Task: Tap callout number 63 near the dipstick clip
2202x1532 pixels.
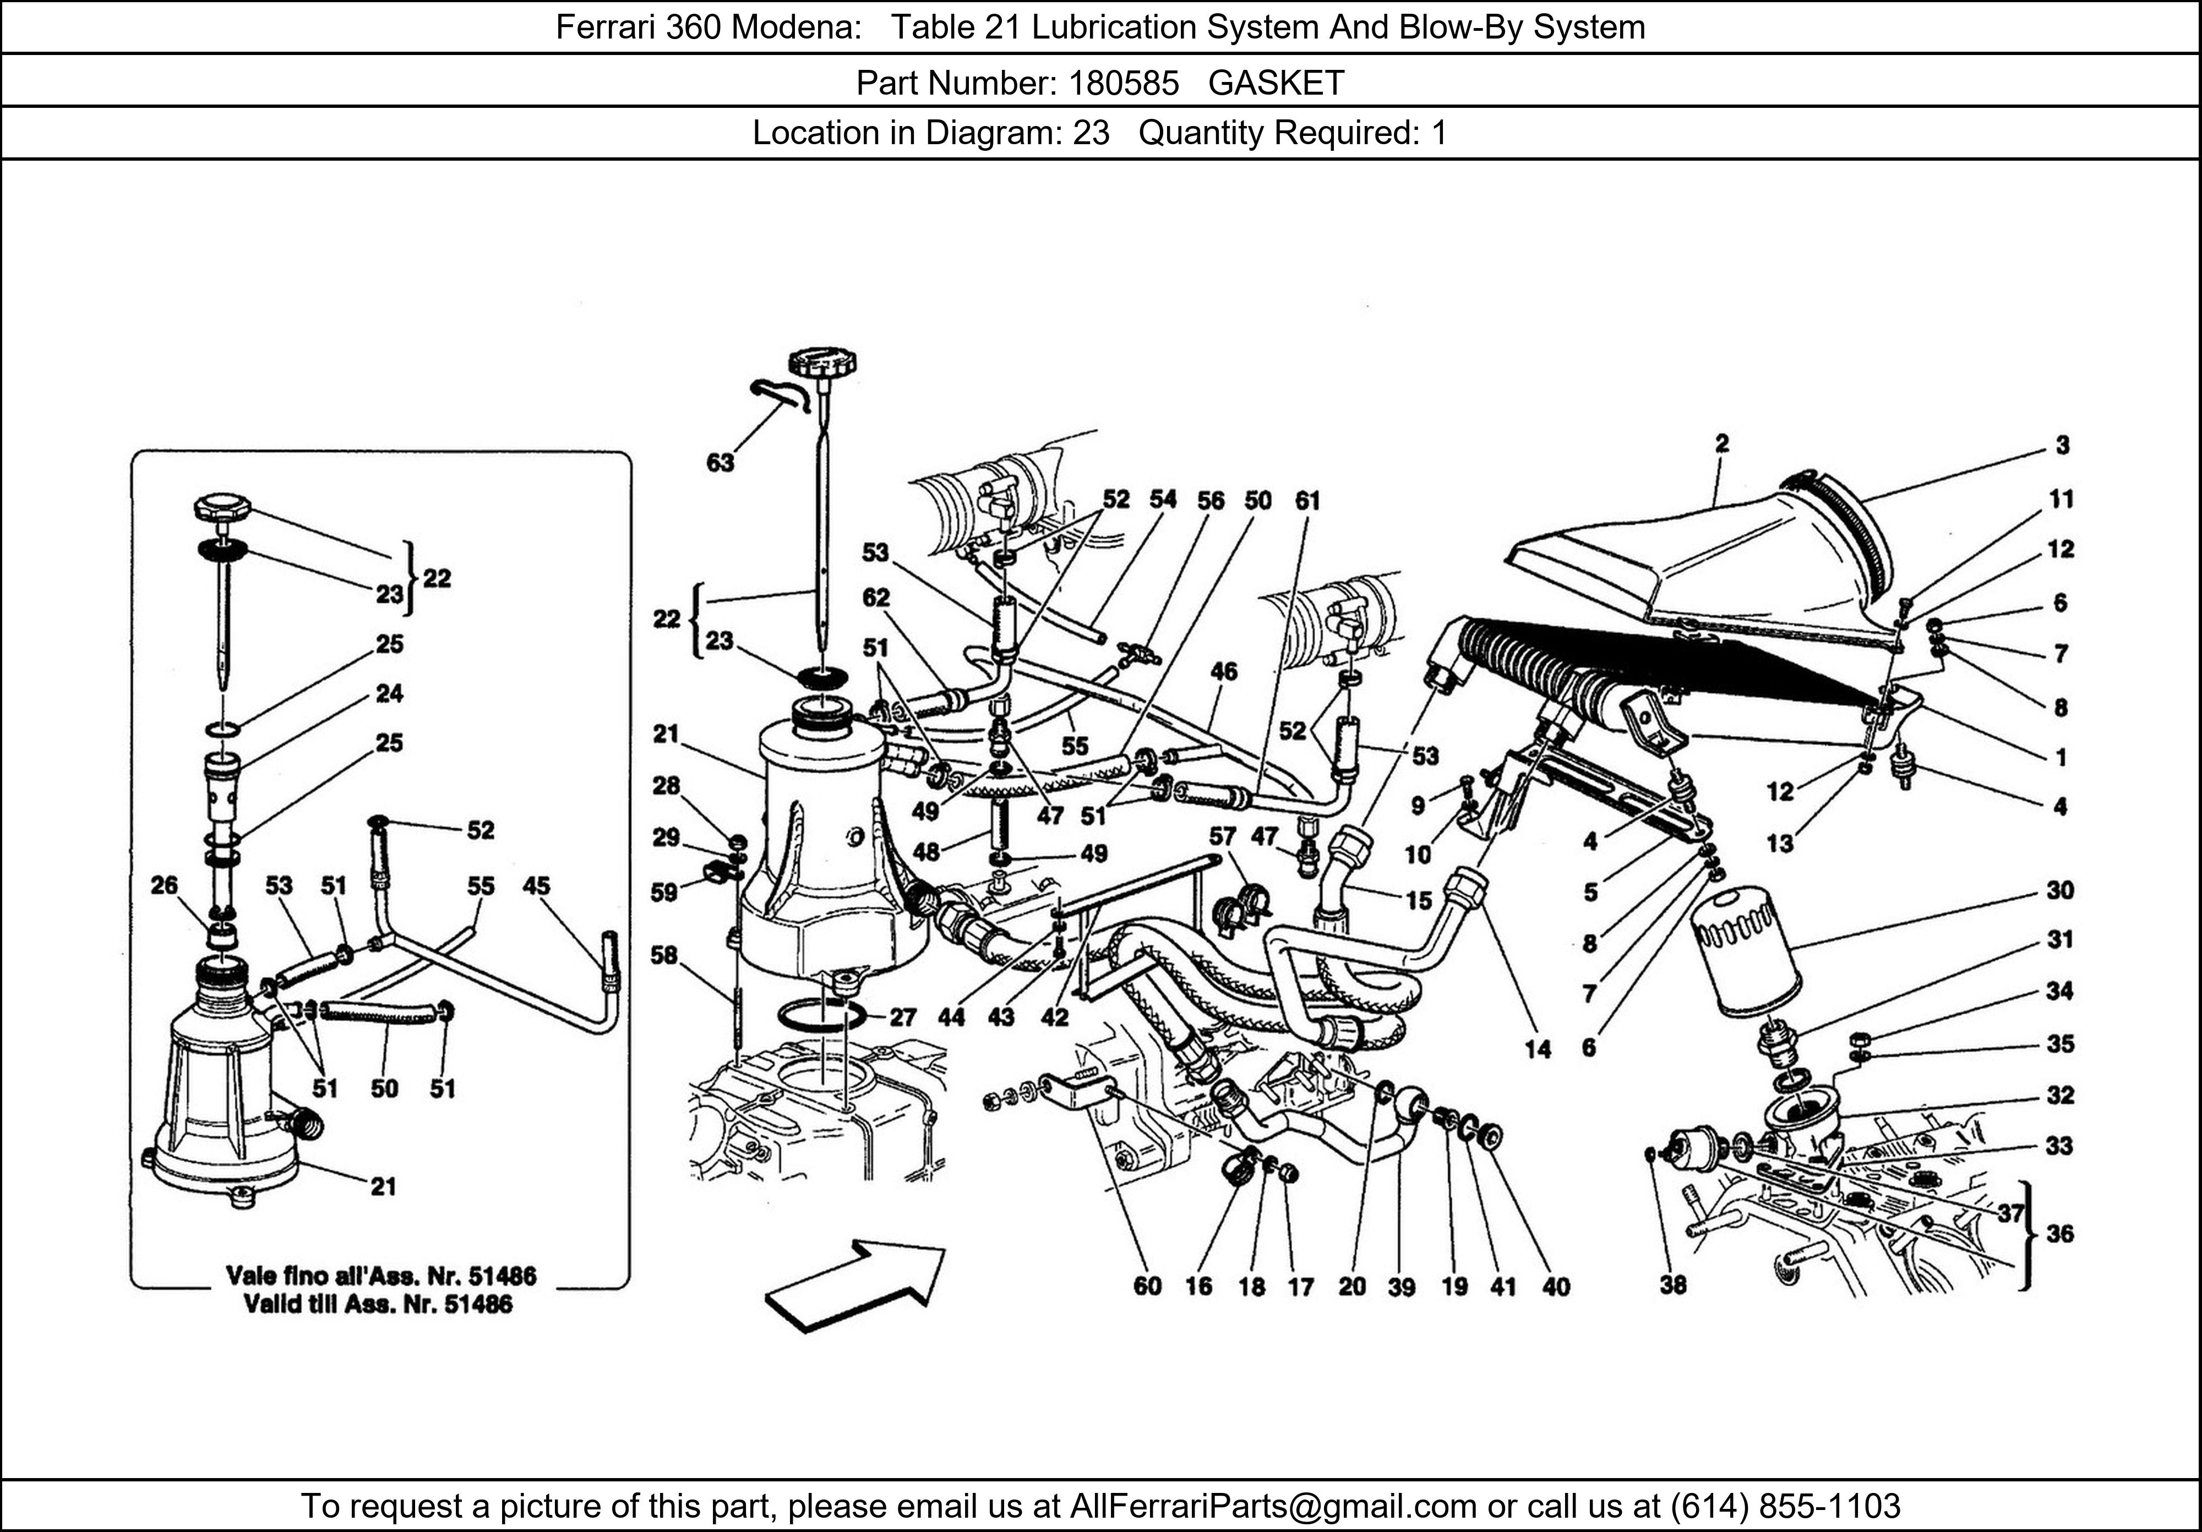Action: coord(720,463)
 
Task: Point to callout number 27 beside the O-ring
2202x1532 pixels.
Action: coord(902,1016)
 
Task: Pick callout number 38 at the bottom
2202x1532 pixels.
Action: coord(1672,1285)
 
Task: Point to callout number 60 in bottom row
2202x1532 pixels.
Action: coord(1147,1285)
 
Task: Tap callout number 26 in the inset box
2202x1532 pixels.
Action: coord(164,885)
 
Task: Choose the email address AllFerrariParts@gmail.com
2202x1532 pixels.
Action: coord(1273,1506)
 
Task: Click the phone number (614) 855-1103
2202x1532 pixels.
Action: coord(1785,1506)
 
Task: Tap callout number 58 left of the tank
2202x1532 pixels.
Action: coord(664,955)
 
